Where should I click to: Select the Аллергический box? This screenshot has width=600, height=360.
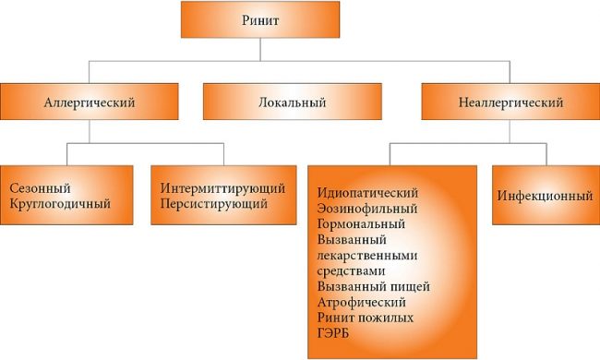click(x=90, y=102)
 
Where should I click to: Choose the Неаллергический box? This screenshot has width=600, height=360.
click(x=504, y=102)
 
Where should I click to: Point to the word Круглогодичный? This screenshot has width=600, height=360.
click(x=56, y=203)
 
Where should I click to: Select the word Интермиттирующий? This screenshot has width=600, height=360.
click(x=216, y=187)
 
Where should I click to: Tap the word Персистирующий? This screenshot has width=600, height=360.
click(x=209, y=203)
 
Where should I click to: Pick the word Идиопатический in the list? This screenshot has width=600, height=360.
click(x=367, y=192)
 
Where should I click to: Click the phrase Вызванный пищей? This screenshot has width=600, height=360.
click(x=372, y=286)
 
